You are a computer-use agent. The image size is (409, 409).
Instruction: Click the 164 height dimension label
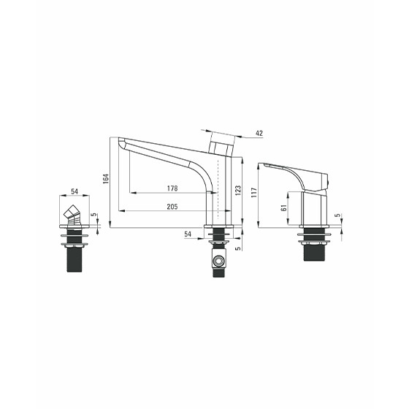point(106,179)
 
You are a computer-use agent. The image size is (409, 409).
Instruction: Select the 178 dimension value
point(172,188)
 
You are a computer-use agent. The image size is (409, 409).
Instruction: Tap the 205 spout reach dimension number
point(172,207)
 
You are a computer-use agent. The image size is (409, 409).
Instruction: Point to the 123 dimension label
point(238,191)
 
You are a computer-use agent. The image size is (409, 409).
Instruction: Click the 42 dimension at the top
point(259,133)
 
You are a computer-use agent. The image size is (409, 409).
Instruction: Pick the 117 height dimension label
point(254,192)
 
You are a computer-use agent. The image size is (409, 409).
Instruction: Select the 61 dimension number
point(284,207)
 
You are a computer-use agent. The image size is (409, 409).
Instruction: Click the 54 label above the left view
point(74,191)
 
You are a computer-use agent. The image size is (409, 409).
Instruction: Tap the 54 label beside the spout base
point(188,234)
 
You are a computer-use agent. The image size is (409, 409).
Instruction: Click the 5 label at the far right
point(337,215)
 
